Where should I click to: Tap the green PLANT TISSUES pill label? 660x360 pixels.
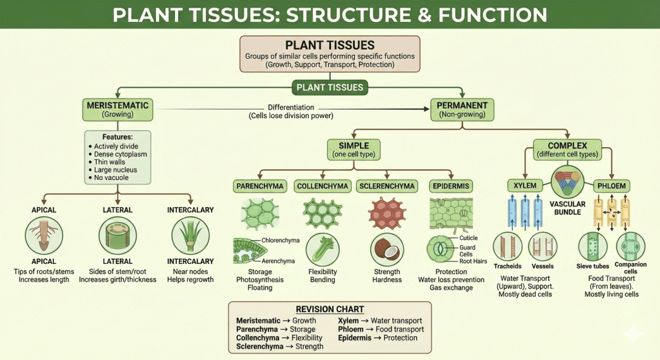(x=330, y=87)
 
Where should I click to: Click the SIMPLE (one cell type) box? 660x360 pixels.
(x=352, y=149)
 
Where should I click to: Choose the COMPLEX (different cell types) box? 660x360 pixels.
(x=568, y=149)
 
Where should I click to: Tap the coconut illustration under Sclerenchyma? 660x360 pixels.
(x=387, y=250)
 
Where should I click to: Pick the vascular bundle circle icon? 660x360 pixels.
(x=567, y=182)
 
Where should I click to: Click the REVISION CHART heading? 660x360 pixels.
(x=330, y=309)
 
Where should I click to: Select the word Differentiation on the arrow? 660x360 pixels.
(x=290, y=106)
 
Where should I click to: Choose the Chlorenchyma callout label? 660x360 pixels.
(x=280, y=241)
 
